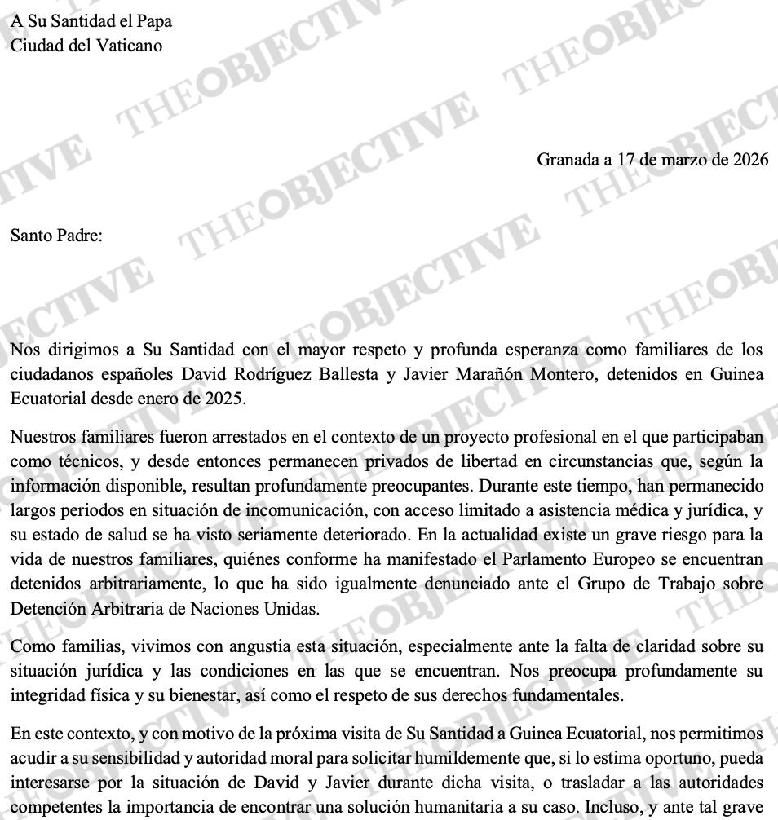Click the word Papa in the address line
153,21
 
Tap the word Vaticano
129,45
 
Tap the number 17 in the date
626,160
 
